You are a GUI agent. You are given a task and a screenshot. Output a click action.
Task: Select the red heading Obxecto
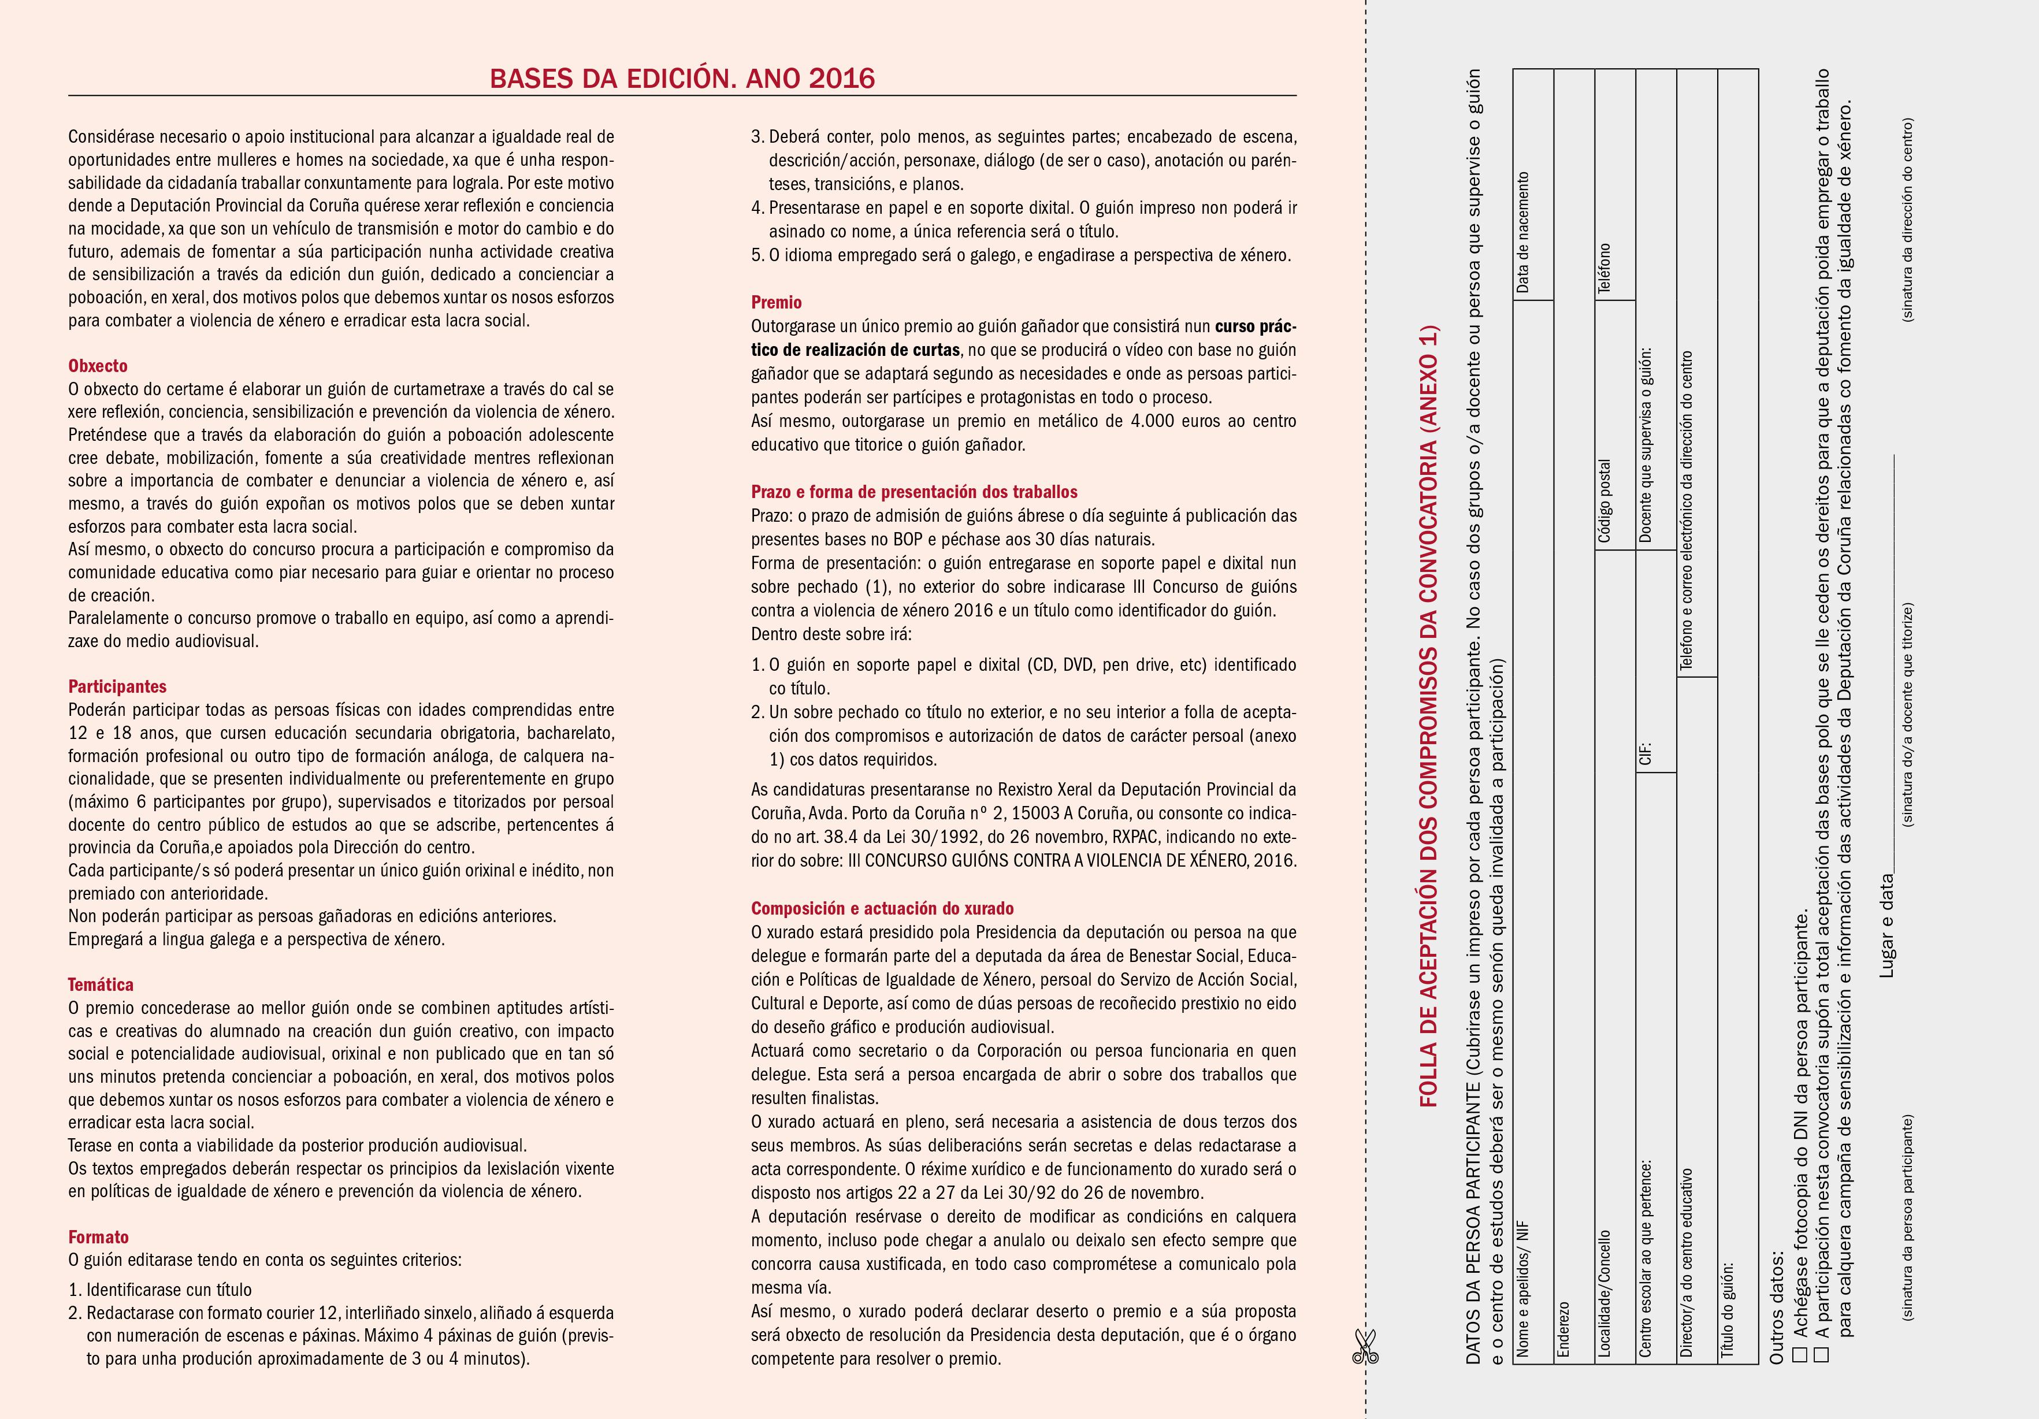98,366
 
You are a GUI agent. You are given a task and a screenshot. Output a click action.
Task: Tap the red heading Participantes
117,686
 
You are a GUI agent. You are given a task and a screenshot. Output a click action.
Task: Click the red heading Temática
101,985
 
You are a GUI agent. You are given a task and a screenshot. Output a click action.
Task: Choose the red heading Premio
776,303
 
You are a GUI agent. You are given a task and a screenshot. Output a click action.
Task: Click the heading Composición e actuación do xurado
882,908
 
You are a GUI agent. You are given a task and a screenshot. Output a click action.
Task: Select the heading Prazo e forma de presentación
914,492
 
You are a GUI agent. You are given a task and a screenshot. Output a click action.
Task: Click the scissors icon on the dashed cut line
1364,1347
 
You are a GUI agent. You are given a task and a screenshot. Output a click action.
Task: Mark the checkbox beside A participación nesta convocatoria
1821,1354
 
